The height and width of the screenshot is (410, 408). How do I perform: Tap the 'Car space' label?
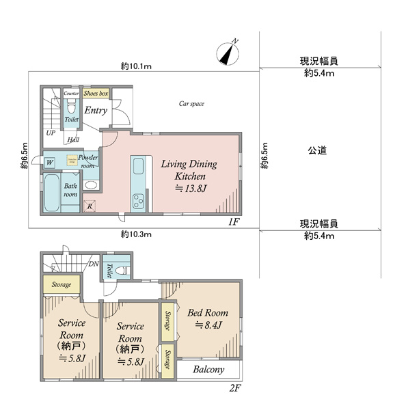click(x=191, y=104)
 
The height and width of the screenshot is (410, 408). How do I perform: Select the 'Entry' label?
click(x=96, y=110)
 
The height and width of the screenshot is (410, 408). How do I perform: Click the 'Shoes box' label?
click(x=96, y=93)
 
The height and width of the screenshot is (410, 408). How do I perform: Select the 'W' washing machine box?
click(x=49, y=163)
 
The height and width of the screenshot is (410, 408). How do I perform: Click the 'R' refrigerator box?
click(x=89, y=205)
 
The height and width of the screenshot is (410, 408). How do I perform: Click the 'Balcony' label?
click(x=208, y=370)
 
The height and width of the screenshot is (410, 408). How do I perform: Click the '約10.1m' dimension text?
click(x=136, y=66)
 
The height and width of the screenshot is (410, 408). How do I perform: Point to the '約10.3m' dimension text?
click(x=136, y=234)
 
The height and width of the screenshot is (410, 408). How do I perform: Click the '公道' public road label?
click(x=315, y=150)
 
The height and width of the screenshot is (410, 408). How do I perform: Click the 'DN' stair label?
click(x=94, y=264)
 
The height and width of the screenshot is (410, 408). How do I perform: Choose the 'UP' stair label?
click(x=51, y=133)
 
